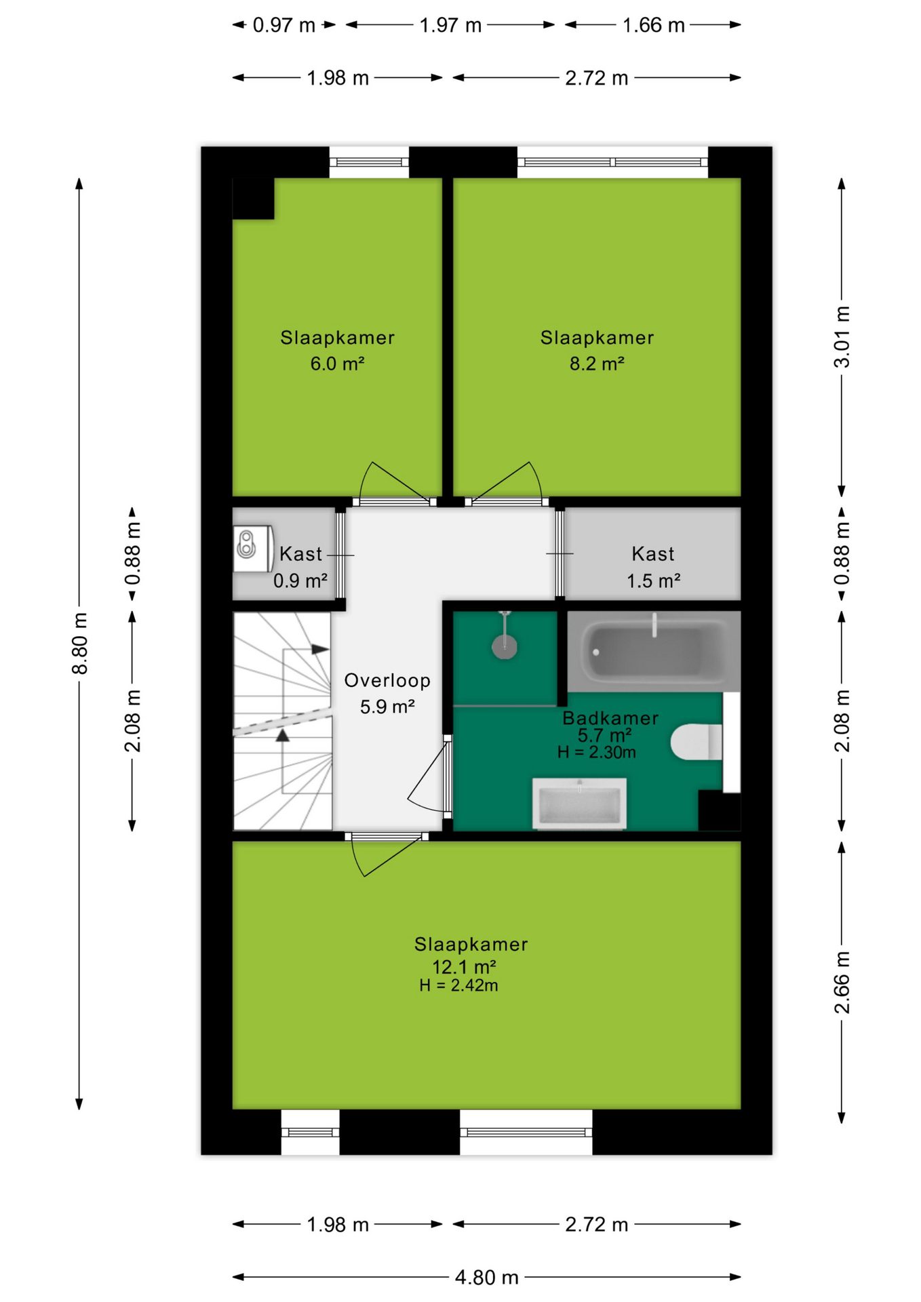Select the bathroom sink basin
[579, 804]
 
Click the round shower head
[505, 646]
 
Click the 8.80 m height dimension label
[80, 644]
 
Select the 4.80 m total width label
[486, 1278]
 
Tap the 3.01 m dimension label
[842, 337]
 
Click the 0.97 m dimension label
[284, 25]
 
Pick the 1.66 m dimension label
[654, 25]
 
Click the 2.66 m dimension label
[842, 983]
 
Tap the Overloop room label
[387, 680]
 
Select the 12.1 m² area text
[464, 966]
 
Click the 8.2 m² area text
[597, 363]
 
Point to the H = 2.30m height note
[597, 752]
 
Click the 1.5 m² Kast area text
[653, 581]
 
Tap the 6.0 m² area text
[338, 363]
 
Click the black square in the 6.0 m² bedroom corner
[253, 199]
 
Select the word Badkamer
[610, 718]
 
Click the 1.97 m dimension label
[450, 25]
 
